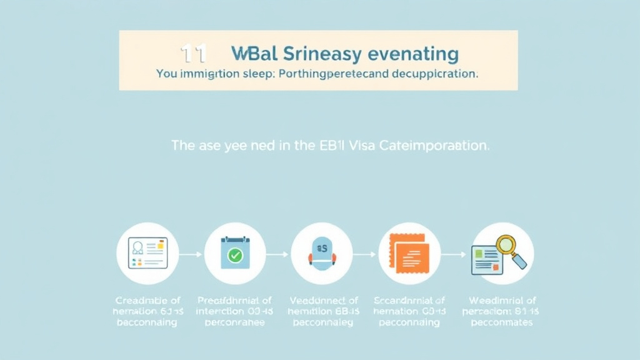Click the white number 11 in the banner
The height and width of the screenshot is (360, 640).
192,54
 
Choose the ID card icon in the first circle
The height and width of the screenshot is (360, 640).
147,252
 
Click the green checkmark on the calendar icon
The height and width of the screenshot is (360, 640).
235,255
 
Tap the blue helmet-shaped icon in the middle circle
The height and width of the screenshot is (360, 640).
321,253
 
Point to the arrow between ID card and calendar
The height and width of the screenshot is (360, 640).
191,254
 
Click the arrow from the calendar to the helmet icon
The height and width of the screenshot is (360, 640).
277,254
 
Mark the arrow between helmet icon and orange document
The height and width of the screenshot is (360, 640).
365,254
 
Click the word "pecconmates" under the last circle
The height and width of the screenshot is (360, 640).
501,322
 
